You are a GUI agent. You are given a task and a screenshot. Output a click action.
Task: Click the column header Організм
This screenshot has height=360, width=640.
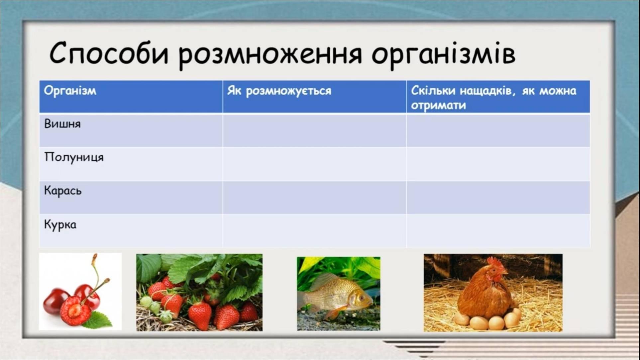click(70, 91)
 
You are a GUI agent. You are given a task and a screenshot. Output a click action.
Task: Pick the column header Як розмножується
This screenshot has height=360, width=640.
click(279, 91)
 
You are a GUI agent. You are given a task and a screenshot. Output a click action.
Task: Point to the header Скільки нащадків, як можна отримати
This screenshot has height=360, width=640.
click(493, 98)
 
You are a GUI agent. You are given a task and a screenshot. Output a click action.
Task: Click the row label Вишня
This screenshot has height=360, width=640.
click(62, 124)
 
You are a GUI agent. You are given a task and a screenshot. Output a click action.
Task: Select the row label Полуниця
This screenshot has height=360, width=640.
click(74, 157)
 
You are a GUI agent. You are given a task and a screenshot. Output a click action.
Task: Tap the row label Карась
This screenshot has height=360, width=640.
click(63, 191)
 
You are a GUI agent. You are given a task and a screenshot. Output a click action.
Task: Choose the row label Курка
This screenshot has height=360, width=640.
click(60, 225)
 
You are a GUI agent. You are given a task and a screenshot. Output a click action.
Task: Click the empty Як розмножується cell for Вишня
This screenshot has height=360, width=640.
click(314, 131)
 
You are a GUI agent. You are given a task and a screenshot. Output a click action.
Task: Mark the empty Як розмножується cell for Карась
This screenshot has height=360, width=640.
click(314, 198)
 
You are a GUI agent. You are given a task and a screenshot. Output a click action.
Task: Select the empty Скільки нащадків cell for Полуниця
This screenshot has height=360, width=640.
click(498, 164)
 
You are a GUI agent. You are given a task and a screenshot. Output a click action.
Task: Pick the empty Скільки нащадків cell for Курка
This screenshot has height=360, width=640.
click(498, 231)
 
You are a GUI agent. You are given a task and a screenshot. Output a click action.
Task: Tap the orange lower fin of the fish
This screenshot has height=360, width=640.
click(335, 312)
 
